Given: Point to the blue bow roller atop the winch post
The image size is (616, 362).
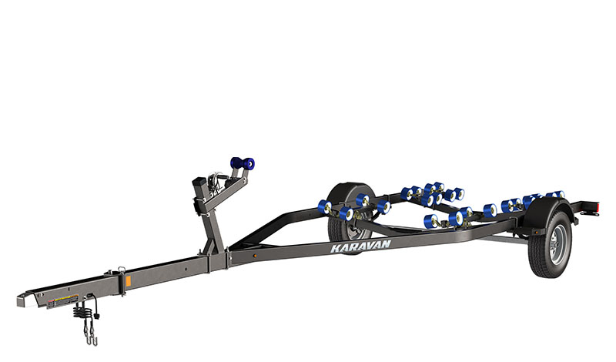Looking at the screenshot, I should tap(243, 163).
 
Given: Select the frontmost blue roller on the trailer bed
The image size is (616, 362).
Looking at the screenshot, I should tap(324, 206).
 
